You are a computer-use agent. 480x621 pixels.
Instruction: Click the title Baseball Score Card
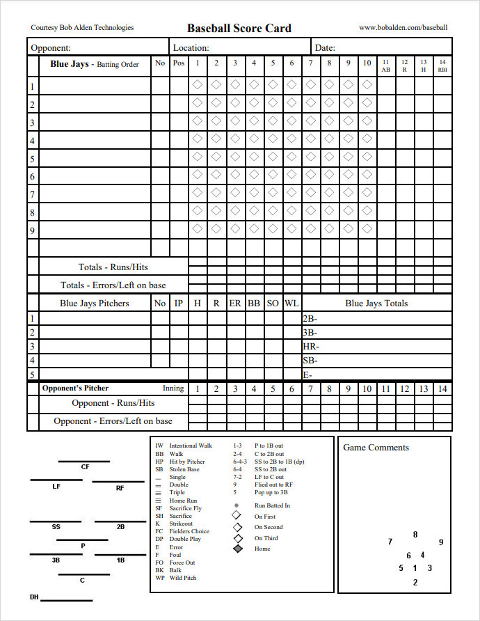[x=239, y=28]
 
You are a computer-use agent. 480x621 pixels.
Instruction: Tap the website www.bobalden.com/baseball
[x=403, y=28]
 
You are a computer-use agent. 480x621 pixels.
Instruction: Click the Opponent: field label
[x=50, y=48]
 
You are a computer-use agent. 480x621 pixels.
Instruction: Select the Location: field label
[x=191, y=48]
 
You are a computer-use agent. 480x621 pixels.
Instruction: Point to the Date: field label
[x=325, y=48]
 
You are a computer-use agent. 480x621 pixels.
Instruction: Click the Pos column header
[x=179, y=63]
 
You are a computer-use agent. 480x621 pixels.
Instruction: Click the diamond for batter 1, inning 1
[x=198, y=85]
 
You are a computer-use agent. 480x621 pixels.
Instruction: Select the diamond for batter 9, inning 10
[x=367, y=229]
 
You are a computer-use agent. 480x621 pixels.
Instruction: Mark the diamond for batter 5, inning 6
[x=291, y=157]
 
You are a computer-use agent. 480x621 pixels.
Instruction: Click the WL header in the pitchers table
[x=291, y=304]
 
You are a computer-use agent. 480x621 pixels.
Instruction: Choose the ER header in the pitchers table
[x=235, y=304]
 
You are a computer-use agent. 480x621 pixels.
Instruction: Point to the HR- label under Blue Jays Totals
[x=311, y=346]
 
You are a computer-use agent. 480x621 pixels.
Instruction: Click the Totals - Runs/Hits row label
[x=113, y=267]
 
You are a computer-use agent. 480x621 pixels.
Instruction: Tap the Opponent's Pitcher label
[x=75, y=388]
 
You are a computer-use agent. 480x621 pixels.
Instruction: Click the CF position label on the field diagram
[x=85, y=467]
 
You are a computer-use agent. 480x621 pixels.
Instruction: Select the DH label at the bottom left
[x=34, y=597]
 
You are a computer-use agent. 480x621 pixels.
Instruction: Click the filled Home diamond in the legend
[x=238, y=549]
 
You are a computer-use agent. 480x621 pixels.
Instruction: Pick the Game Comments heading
[x=376, y=448]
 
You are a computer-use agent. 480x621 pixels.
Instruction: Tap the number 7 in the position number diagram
[x=390, y=542]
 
